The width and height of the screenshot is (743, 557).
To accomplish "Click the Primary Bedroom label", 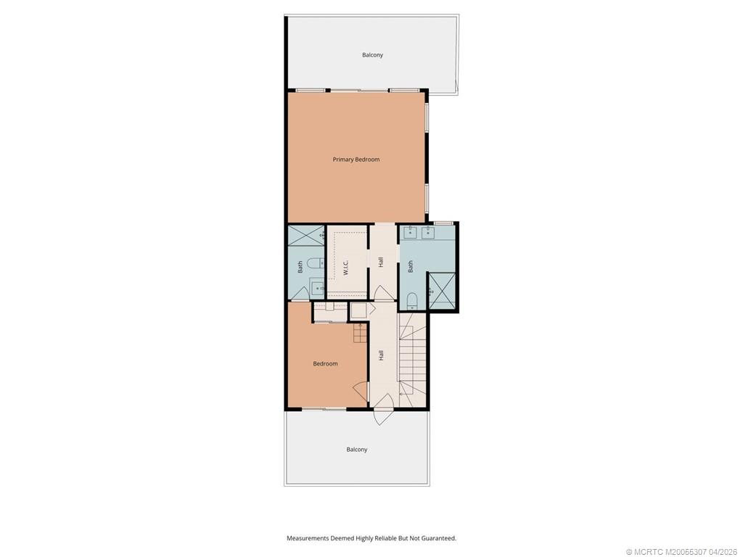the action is click(x=356, y=160).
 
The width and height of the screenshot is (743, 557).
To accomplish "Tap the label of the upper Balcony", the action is click(x=372, y=55).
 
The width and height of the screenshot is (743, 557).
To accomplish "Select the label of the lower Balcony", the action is click(x=357, y=450).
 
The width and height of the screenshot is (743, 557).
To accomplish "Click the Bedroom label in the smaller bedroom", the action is click(x=326, y=364).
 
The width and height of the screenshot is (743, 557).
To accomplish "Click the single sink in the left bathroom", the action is click(x=317, y=286).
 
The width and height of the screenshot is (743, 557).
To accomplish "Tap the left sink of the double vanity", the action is click(x=409, y=232).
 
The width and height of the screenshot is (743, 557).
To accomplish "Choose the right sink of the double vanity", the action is click(x=428, y=232).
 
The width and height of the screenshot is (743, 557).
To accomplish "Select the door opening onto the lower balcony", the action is click(x=383, y=415).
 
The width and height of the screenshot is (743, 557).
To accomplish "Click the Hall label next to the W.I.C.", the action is click(x=381, y=262).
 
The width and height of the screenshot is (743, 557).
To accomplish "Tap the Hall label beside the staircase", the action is click(x=381, y=355).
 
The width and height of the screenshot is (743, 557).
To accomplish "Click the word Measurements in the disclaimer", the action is click(x=308, y=538).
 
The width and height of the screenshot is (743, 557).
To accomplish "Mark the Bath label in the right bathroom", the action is click(x=411, y=266).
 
